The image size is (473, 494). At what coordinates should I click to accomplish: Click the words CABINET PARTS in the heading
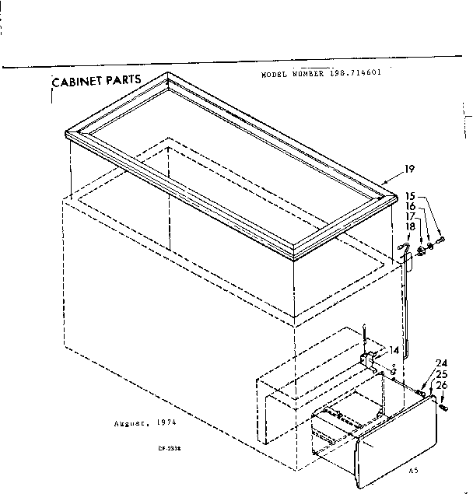pyautogui.click(x=96, y=80)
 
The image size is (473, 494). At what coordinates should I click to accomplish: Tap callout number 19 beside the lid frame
pyautogui.click(x=409, y=169)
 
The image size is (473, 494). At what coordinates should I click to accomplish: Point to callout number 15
pyautogui.click(x=410, y=195)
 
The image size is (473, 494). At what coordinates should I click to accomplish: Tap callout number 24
pyautogui.click(x=441, y=363)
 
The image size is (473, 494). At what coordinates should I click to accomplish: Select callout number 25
pyautogui.click(x=441, y=374)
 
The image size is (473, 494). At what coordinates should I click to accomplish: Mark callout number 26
pyautogui.click(x=441, y=384)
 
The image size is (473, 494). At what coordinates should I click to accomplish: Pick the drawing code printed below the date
pyautogui.click(x=162, y=448)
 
